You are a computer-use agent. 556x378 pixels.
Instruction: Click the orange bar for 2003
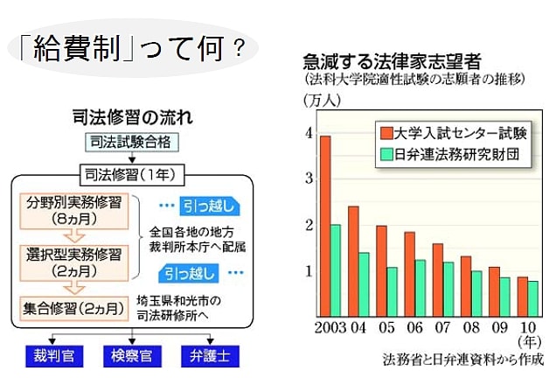coord(325,227)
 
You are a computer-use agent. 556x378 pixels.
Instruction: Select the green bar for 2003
coord(336,271)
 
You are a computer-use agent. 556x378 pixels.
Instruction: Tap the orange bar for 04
coord(353,262)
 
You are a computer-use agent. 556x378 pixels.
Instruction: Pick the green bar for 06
coord(420,288)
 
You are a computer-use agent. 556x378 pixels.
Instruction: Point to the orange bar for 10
coord(522,297)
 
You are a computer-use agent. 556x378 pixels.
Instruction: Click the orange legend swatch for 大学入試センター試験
coord(386,133)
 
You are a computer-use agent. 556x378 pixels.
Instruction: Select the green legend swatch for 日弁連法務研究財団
coord(386,154)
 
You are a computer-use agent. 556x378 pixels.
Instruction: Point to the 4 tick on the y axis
coord(308,133)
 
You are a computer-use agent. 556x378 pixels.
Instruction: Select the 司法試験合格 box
coord(132,141)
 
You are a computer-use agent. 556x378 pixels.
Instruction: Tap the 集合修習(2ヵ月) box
coord(75,307)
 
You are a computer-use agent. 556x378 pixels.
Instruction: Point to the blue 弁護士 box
coord(209,357)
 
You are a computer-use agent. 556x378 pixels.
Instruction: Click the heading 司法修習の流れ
coord(130,116)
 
